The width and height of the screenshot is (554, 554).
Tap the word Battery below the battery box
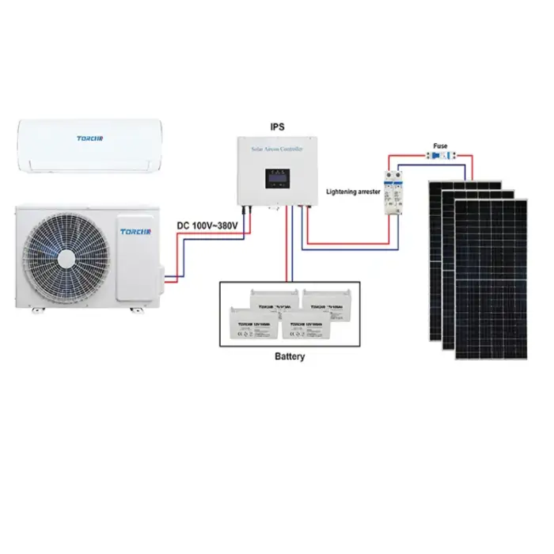289,357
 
